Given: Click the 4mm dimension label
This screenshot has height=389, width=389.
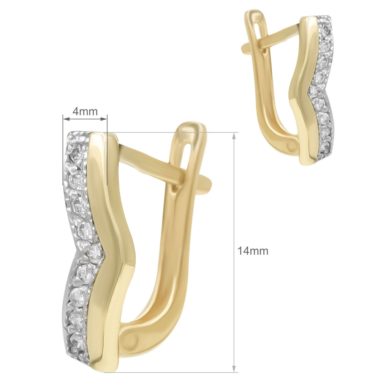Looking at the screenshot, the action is [85, 112].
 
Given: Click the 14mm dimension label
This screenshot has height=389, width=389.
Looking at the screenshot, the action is [253, 251].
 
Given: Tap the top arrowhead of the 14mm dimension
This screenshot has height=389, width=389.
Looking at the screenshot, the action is [234, 136].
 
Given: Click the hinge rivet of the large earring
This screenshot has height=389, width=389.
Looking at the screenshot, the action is [131, 338].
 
